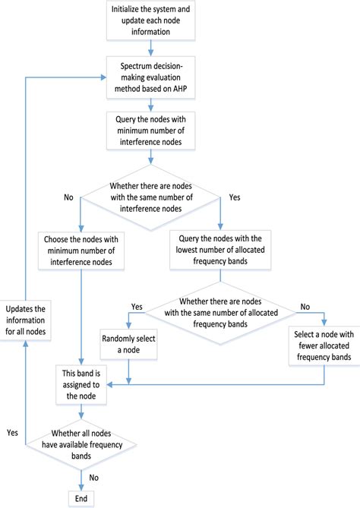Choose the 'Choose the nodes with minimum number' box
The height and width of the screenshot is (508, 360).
click(x=81, y=251)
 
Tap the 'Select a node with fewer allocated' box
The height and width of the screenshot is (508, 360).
click(x=324, y=345)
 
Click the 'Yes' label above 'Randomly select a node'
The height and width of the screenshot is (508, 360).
click(x=137, y=307)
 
